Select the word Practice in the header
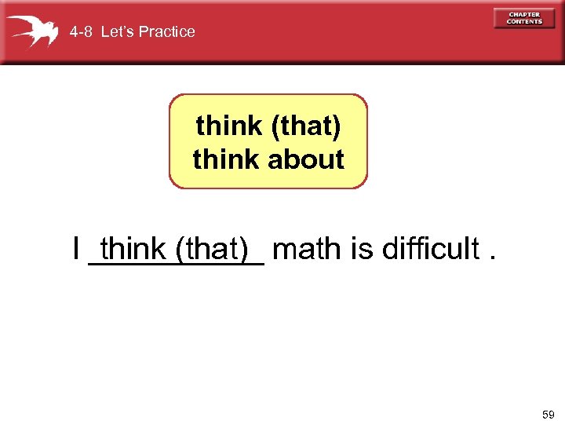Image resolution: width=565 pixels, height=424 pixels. point(167,32)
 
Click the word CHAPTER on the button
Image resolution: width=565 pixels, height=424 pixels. point(524,14)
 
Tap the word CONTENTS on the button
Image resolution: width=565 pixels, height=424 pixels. point(524,22)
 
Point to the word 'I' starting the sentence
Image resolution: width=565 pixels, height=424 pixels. point(75,250)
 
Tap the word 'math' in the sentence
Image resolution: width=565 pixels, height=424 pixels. point(307,250)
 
